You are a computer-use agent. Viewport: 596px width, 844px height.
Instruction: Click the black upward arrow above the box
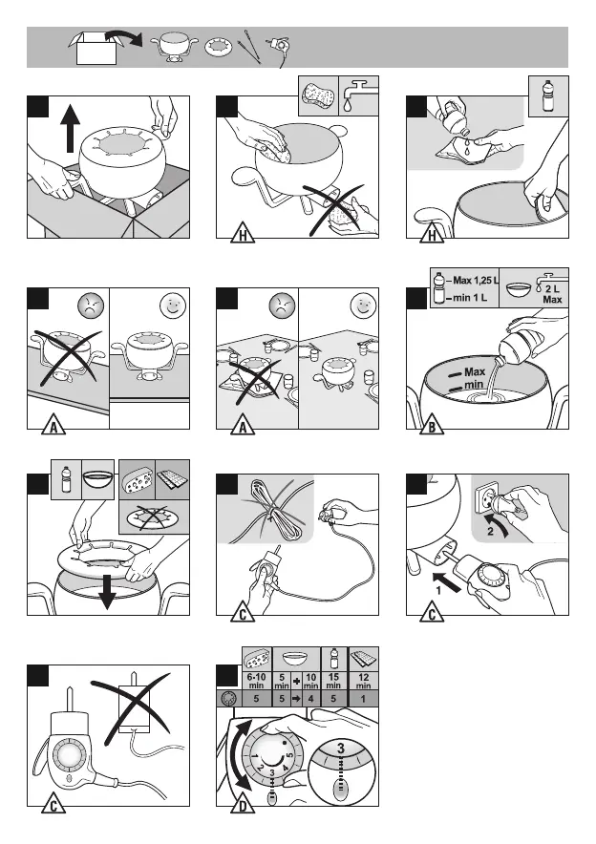(70, 134)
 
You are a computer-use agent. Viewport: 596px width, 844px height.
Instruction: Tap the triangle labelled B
(433, 428)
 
